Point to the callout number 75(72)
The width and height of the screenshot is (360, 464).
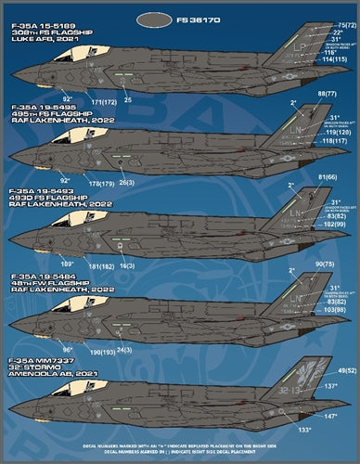(347, 25)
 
